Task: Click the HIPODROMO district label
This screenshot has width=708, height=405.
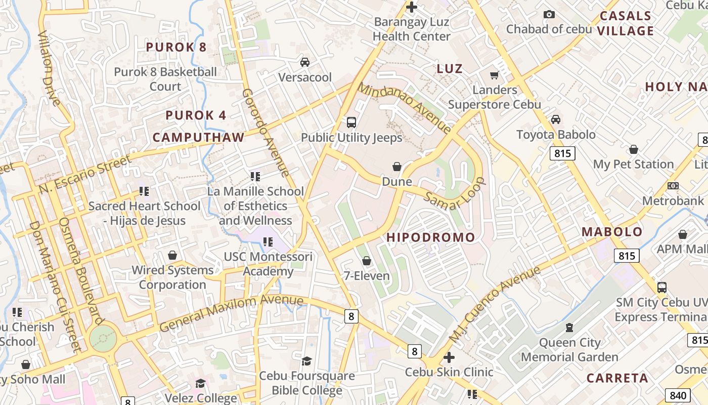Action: tap(431, 237)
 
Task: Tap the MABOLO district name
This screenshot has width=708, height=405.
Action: tap(612, 232)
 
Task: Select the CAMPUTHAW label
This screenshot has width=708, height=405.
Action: tap(198, 137)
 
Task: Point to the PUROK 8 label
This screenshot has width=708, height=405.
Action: tap(176, 48)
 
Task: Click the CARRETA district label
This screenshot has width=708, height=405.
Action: tap(617, 378)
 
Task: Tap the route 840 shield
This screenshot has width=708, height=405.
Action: tap(678, 395)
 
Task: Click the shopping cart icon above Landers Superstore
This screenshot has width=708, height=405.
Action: tap(495, 75)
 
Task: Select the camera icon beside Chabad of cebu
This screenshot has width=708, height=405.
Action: tap(549, 15)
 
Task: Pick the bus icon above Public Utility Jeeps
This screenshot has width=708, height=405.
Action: tap(351, 122)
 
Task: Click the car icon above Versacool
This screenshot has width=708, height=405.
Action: tap(305, 62)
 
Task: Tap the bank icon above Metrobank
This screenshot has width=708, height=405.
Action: tap(673, 186)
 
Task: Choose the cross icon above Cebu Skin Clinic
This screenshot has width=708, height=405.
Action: tap(449, 357)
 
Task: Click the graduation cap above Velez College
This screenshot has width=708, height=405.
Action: tap(201, 383)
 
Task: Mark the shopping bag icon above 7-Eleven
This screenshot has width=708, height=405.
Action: tap(367, 261)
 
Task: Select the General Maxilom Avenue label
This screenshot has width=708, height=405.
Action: tap(231, 314)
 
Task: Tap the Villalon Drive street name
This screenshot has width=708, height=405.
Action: tap(49, 68)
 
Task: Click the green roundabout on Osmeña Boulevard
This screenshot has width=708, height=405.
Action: tap(103, 337)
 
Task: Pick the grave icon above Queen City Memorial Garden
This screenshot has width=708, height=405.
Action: tap(569, 328)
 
